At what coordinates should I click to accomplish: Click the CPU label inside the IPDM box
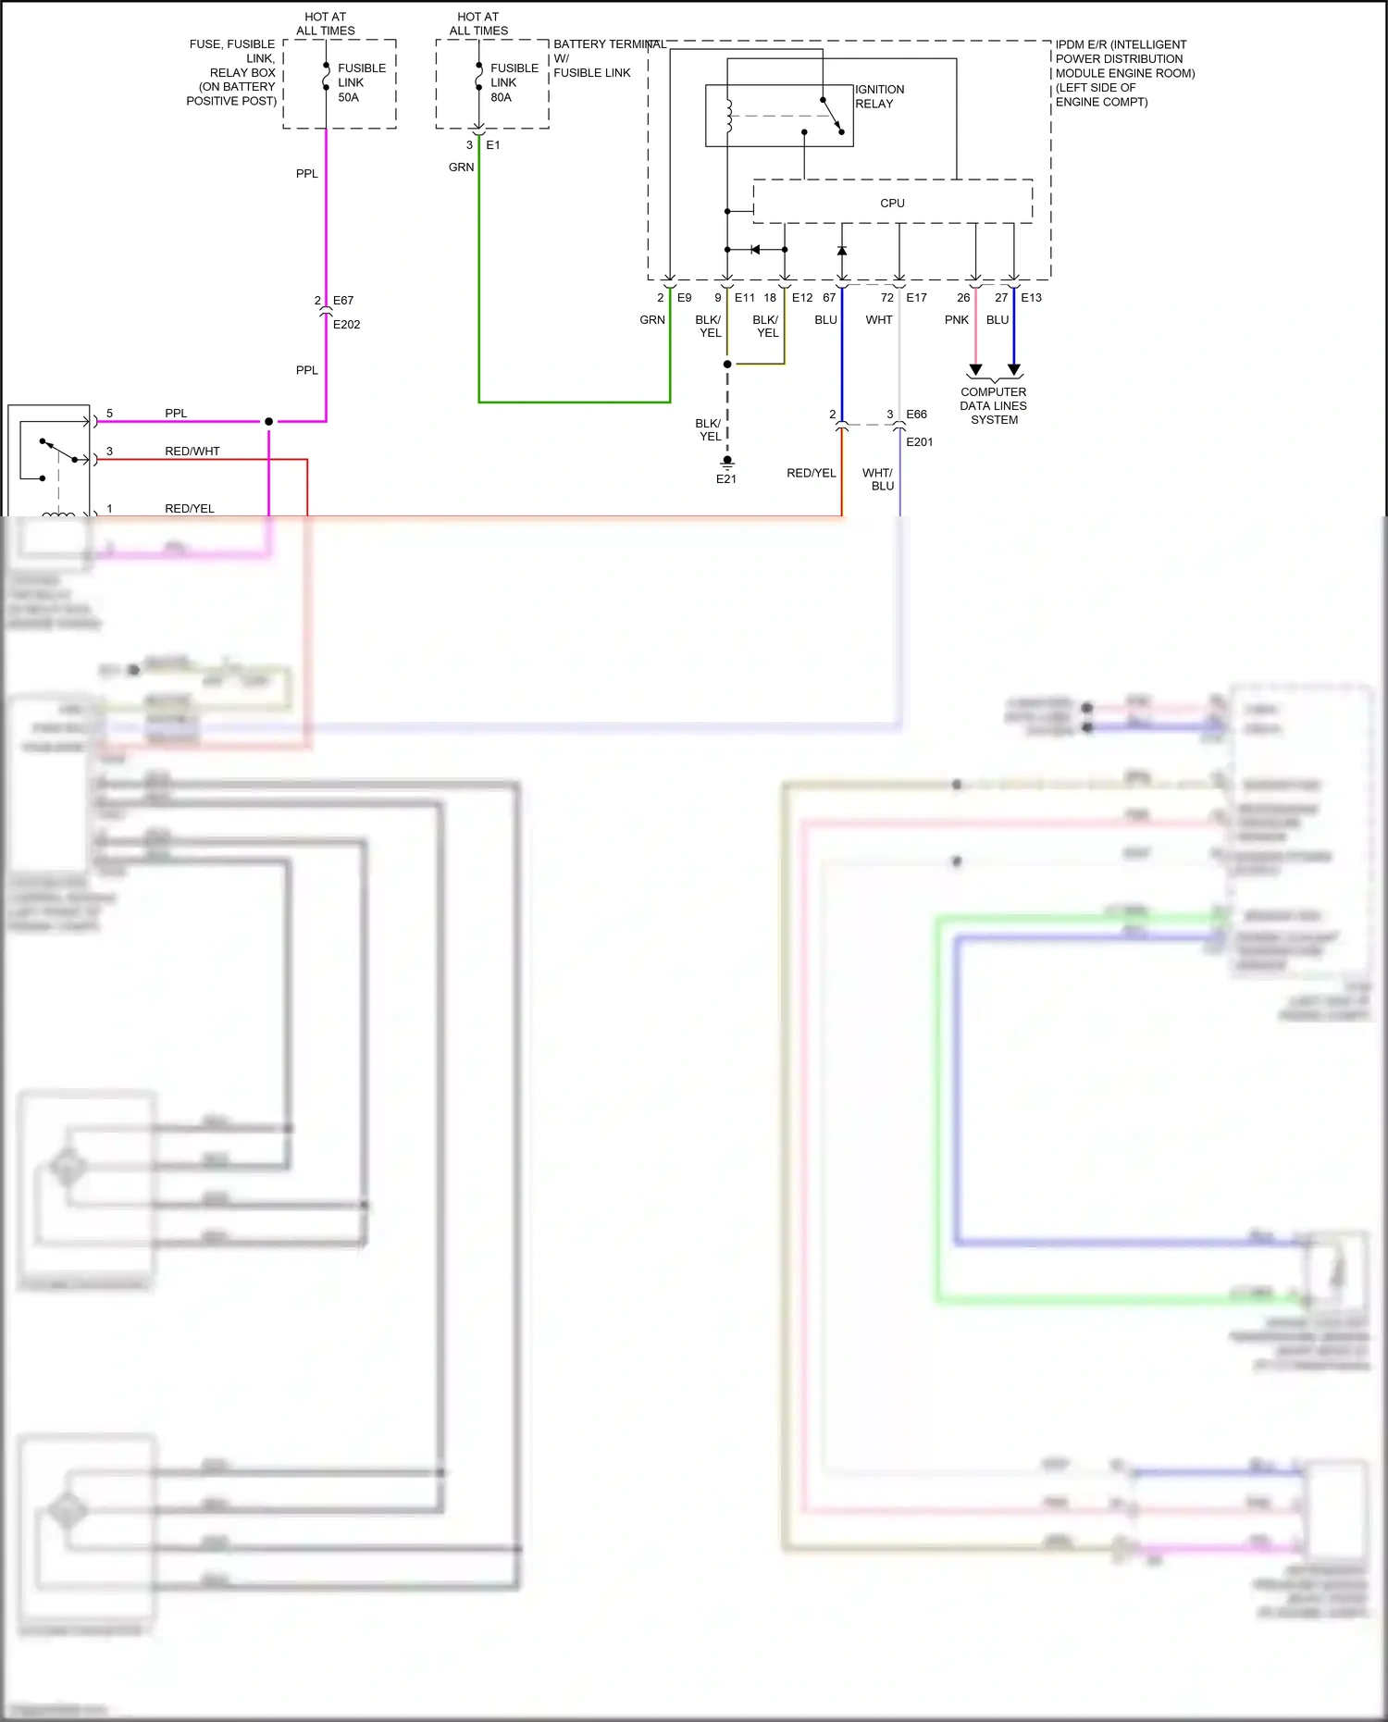[892, 204]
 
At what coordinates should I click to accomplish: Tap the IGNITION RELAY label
[879, 96]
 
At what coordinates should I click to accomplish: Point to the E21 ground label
[726, 479]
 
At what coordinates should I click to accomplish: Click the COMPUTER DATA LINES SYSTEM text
[994, 405]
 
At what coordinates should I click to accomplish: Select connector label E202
[346, 325]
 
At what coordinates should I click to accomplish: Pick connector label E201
[919, 442]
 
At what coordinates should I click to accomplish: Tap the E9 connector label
[684, 298]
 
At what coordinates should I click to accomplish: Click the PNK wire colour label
[957, 320]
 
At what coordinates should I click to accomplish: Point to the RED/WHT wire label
[192, 452]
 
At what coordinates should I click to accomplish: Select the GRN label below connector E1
[461, 167]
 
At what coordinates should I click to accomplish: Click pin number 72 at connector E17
[886, 298]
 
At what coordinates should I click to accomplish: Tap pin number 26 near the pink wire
[963, 298]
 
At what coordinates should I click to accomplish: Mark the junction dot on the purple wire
[269, 422]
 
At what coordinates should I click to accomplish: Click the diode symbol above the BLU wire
[842, 251]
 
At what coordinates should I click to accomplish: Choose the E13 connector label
[1031, 298]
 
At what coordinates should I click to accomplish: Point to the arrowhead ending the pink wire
[975, 370]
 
